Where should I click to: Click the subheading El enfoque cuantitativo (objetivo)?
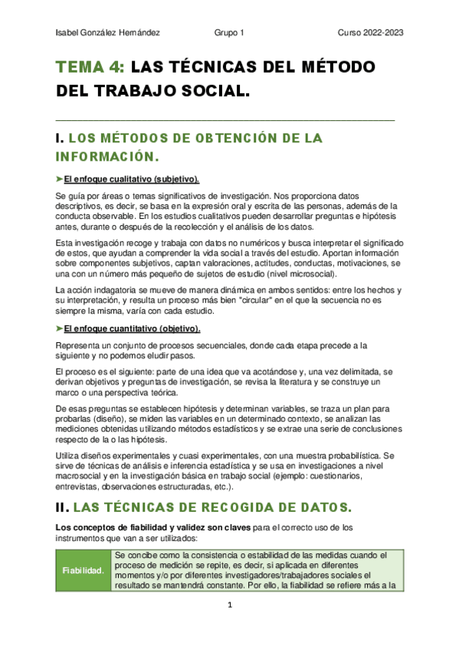click(x=132, y=329)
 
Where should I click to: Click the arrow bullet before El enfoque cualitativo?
click(x=60, y=179)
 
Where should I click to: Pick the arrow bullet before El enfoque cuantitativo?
click(x=60, y=329)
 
